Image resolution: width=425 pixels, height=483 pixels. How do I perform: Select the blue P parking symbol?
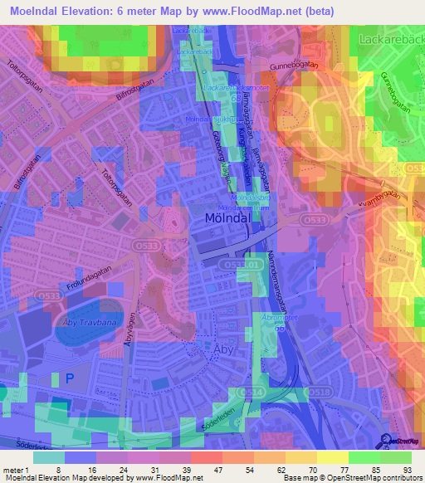(x=70, y=378)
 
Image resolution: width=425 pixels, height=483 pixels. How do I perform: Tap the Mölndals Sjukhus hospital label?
(x=207, y=119)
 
